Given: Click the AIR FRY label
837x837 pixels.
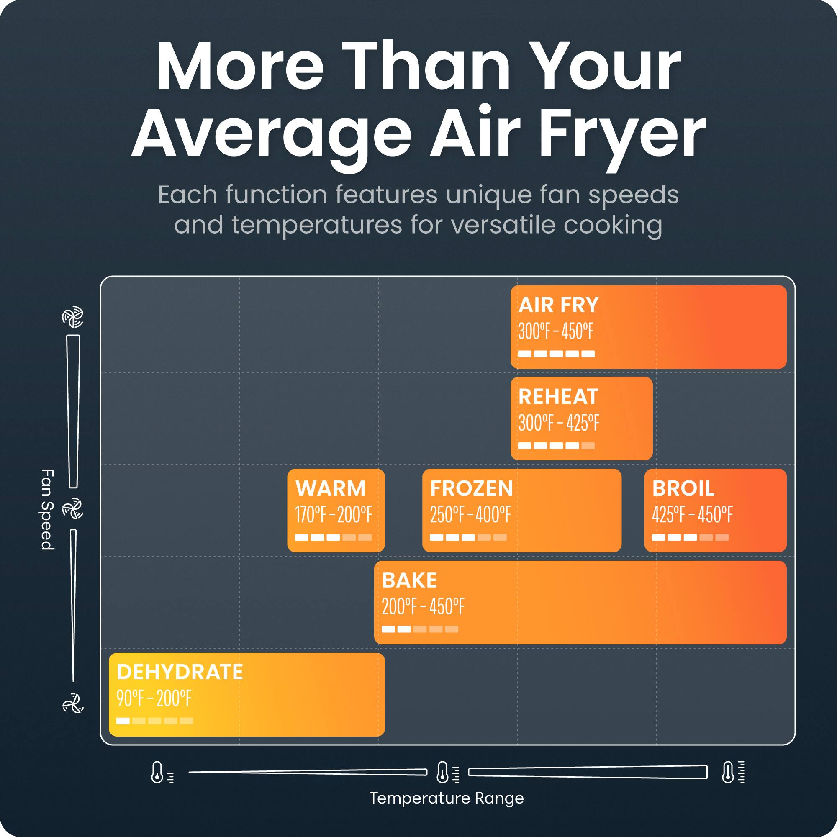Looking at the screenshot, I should coord(558,305).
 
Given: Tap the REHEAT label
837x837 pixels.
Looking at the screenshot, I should coord(558,397).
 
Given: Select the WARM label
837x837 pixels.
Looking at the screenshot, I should coord(331,489).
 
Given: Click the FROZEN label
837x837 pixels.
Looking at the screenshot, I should coord(471,489).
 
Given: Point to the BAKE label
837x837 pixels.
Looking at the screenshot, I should coord(409,580).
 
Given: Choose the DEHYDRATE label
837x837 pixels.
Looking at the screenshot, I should coord(180,673).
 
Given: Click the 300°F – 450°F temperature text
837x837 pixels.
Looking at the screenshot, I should coord(555,332).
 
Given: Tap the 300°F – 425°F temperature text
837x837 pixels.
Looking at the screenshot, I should coord(558,424).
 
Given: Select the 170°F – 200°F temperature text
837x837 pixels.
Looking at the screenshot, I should coord(333,516).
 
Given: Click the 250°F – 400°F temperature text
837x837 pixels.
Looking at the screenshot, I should coord(470,516).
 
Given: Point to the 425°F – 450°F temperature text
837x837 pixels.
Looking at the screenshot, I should coord(692,516).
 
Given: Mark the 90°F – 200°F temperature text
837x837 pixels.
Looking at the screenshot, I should coord(153,699).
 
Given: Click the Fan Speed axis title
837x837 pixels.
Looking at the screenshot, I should coord(47,509).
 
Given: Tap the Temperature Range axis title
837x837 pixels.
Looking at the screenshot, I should coord(447,798).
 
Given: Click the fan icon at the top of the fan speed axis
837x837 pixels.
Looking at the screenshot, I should coord(73,318).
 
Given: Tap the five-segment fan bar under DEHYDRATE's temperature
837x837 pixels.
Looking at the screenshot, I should coord(155,721).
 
